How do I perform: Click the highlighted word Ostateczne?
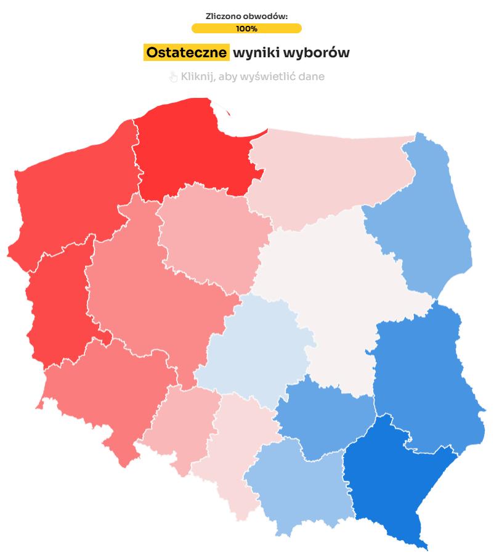(186, 53)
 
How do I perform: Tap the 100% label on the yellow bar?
(246, 28)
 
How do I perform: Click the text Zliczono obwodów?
(246, 16)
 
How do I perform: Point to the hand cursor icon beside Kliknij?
(173, 77)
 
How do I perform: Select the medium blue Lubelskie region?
(425, 376)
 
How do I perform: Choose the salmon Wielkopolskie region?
(154, 289)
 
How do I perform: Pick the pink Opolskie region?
(182, 425)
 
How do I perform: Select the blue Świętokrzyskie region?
(320, 419)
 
